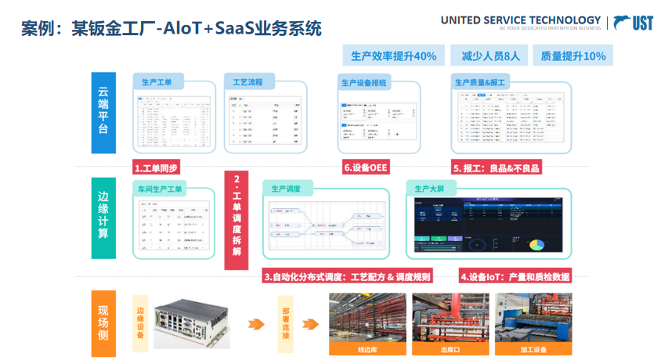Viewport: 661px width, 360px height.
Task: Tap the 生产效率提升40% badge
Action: [x=393, y=56]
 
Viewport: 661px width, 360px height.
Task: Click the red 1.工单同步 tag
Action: [x=157, y=168]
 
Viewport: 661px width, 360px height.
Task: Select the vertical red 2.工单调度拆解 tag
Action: [x=237, y=221]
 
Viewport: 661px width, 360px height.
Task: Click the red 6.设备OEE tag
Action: [x=367, y=168]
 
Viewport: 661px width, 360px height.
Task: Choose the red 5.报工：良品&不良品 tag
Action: [x=497, y=168]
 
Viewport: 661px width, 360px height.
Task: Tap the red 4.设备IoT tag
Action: [x=515, y=277]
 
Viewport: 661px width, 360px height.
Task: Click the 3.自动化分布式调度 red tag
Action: [x=347, y=277]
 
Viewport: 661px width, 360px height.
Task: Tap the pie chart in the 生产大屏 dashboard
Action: [x=537, y=243]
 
